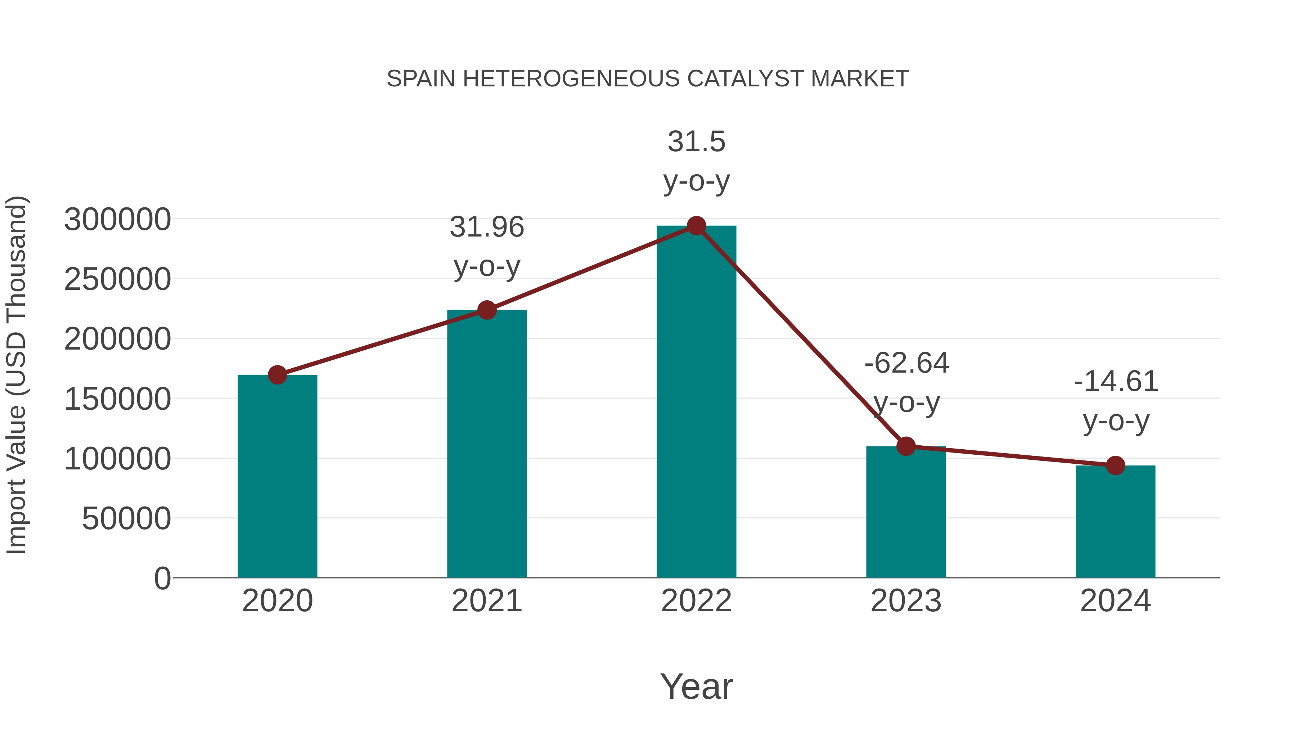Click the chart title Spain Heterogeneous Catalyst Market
(648, 79)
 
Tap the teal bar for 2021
(486, 443)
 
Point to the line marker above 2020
(277, 375)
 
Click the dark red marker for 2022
(696, 226)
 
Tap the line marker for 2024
(1115, 465)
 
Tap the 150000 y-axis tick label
(117, 399)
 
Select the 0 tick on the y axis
(162, 578)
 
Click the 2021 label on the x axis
(486, 601)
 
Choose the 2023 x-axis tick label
(906, 601)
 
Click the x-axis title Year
(696, 686)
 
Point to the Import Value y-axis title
(17, 375)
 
